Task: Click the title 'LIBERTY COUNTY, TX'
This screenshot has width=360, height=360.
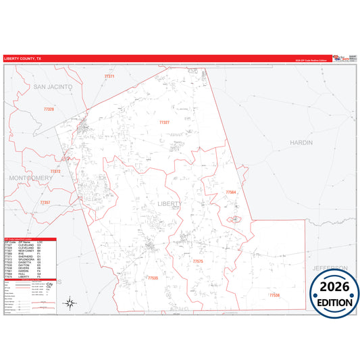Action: click(x=22, y=59)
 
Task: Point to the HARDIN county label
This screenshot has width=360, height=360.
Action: click(x=302, y=143)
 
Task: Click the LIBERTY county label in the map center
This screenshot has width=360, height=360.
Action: click(x=170, y=203)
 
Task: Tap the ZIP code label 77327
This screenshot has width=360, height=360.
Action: click(x=164, y=122)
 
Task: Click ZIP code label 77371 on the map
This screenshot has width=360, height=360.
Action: click(x=109, y=77)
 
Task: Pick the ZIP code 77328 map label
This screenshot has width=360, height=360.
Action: click(x=49, y=109)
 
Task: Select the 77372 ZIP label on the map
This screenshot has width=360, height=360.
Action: click(x=55, y=172)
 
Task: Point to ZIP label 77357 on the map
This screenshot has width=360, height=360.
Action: click(x=45, y=203)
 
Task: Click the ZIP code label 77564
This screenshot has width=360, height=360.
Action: click(x=231, y=192)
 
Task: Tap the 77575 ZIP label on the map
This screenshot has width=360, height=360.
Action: click(x=197, y=261)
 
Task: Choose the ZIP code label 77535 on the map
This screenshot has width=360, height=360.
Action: click(x=153, y=278)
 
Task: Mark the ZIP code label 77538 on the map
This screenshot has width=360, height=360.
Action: click(x=274, y=295)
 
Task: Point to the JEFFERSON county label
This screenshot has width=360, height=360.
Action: click(x=330, y=268)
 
